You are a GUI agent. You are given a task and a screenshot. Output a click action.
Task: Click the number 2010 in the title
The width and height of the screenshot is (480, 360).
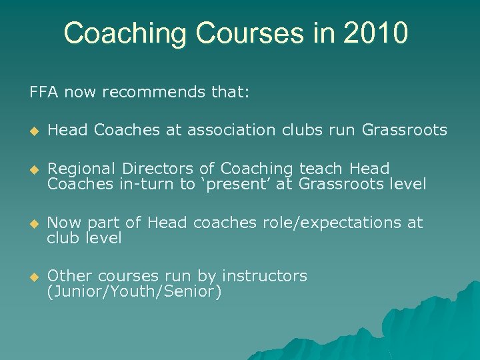coord(375,33)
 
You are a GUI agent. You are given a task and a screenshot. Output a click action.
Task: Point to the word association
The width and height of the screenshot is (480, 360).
coord(231,130)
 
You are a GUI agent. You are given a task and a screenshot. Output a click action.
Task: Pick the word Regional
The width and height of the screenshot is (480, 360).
coord(82,169)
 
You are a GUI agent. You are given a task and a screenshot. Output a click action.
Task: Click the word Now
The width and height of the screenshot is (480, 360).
coord(63,223)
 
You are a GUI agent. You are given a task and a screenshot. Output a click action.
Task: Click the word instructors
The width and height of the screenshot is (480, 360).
coord(265,276)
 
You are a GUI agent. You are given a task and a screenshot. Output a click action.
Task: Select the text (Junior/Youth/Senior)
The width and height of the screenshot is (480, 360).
coord(134,292)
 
